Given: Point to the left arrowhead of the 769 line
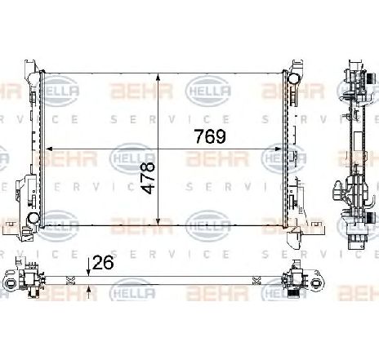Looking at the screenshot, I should pos(51,149).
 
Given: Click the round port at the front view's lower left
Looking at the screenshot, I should pos(33,219).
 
